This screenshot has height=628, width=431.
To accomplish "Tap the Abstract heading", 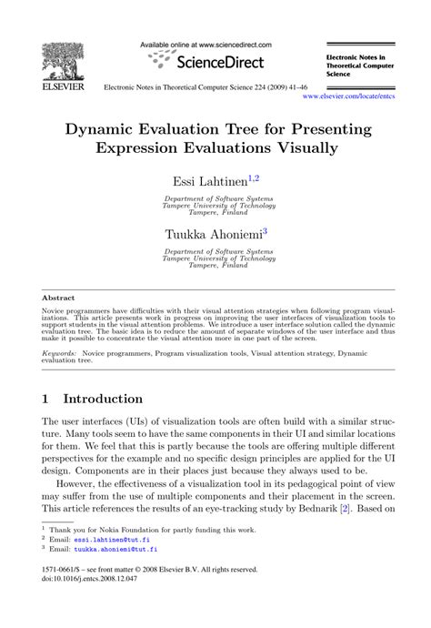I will (57, 297).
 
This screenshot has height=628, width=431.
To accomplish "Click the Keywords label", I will (59, 350).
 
